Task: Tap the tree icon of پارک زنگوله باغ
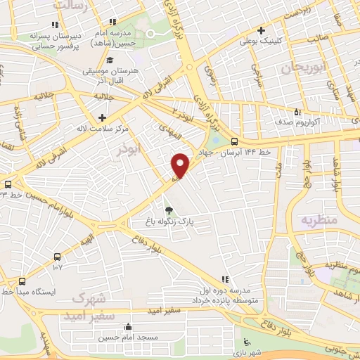pyautogui.click(x=168, y=209)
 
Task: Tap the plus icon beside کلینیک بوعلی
pyautogui.click(x=261, y=30)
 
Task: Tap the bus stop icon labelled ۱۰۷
pyautogui.click(x=57, y=257)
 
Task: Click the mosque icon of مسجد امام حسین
pyautogui.click(x=128, y=326)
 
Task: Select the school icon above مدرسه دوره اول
pyautogui.click(x=224, y=279)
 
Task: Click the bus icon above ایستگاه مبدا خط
pyautogui.click(x=22, y=279)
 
